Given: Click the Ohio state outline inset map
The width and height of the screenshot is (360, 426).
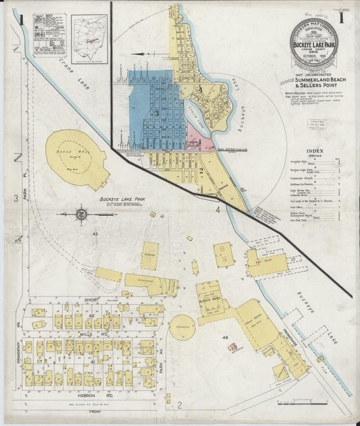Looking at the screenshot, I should tap(89, 38).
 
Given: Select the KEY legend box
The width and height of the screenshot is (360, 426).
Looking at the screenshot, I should tap(49, 34).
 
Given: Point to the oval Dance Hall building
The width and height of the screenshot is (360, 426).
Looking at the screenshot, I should tap(77, 160).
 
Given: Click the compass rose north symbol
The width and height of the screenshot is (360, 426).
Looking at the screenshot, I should tap(80, 215).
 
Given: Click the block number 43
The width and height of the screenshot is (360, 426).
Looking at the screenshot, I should tap(95, 234).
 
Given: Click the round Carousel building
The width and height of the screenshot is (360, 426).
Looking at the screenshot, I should tap(182, 327).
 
